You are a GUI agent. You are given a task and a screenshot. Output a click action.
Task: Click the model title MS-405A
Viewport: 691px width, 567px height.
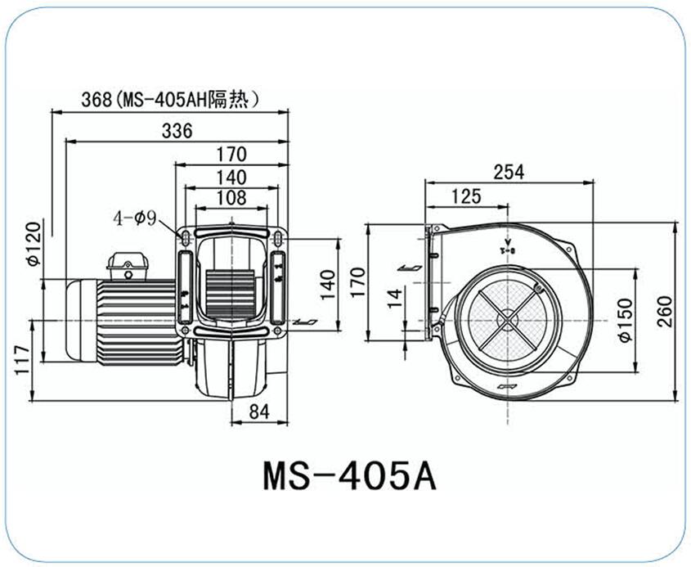(349, 475)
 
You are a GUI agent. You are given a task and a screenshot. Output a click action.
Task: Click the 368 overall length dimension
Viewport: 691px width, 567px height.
(96, 99)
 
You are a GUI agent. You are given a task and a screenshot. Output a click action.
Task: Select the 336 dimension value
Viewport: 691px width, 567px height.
(177, 131)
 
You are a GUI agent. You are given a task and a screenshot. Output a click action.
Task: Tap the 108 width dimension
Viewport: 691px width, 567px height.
(231, 198)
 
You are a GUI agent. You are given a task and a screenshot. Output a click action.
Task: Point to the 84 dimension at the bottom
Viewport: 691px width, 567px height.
(259, 412)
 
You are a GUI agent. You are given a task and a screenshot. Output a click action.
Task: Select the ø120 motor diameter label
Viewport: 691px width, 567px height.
(34, 243)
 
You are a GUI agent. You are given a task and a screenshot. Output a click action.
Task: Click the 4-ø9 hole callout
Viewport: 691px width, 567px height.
(135, 218)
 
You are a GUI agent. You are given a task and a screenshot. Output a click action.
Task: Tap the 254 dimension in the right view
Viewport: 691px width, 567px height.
(509, 172)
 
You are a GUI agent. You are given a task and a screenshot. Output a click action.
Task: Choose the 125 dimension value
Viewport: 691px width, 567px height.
(466, 196)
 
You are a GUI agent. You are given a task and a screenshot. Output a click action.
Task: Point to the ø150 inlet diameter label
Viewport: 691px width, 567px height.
(626, 320)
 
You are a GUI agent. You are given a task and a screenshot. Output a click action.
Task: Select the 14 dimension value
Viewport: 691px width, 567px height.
(395, 299)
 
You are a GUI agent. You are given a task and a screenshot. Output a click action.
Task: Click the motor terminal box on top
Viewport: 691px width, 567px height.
(128, 266)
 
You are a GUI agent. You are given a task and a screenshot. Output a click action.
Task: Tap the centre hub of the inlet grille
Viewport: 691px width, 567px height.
(508, 319)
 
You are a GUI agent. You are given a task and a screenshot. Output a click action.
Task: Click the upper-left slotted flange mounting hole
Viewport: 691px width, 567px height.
(186, 238)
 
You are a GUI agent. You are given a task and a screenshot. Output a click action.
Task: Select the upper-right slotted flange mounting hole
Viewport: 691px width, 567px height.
(278, 238)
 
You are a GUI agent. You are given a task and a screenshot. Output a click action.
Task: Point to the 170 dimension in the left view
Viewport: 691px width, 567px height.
(231, 155)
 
